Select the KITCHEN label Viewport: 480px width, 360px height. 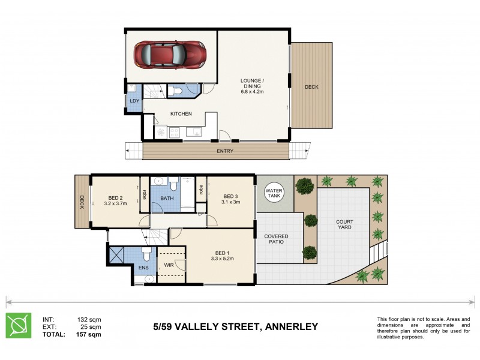[181, 114]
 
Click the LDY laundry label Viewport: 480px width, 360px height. [134, 101]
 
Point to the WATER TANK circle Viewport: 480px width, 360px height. [274, 190]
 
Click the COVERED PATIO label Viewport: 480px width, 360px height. [276, 240]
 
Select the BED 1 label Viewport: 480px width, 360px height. [223, 253]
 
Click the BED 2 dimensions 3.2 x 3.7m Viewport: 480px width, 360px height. [116, 203]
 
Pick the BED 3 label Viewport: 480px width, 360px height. [231, 196]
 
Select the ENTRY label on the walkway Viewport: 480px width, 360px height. [225, 151]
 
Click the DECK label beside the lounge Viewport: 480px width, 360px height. [311, 87]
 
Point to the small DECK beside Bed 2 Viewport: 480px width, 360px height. [81, 203]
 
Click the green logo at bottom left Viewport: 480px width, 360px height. [18, 325]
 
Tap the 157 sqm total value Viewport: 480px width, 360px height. [89, 334]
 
